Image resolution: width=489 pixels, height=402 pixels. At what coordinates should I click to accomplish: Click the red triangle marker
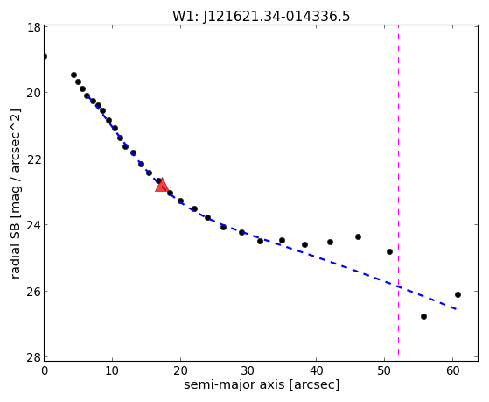tap(162, 185)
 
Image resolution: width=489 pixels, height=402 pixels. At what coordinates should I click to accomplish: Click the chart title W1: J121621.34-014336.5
tap(262, 17)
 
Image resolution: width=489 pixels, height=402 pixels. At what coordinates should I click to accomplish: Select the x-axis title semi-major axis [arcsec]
tap(262, 384)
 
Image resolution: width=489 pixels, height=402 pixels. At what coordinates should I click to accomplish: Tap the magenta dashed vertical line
tap(398, 190)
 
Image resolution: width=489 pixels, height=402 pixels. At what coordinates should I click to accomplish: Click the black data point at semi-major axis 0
tap(45, 57)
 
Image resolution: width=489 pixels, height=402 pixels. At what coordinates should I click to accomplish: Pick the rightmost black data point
tap(458, 294)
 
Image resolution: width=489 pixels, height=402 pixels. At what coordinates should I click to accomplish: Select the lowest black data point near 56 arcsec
tap(423, 316)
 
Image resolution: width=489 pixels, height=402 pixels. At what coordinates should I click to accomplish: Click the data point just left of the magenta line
tap(389, 251)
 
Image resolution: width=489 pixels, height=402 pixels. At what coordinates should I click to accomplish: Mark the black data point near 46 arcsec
tap(358, 236)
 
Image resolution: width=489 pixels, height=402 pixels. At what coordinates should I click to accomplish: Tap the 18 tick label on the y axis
tap(34, 27)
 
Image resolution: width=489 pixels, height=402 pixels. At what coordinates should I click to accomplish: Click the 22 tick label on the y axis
tap(33, 159)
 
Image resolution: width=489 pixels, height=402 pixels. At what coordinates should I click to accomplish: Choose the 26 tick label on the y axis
tap(33, 291)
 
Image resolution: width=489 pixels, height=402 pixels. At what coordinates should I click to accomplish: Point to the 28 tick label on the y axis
tap(33, 357)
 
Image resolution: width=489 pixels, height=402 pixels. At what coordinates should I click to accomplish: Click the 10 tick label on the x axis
tap(112, 370)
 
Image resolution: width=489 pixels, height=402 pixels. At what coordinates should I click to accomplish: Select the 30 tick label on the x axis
tap(248, 370)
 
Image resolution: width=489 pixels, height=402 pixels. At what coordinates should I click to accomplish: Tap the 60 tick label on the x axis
tap(452, 370)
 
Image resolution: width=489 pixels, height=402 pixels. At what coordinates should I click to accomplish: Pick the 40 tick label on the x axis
tap(316, 370)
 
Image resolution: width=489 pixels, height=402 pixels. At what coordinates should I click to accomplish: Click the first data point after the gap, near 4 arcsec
tap(73, 75)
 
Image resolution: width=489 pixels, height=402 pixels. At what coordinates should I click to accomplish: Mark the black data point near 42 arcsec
tap(330, 242)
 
